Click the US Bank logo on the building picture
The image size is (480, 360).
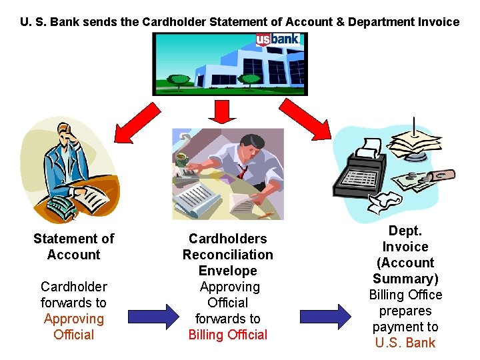click(x=278, y=39)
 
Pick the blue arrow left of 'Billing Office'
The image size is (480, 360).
click(x=325, y=315)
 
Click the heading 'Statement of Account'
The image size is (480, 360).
click(x=73, y=247)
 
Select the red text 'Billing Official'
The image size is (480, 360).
click(x=227, y=335)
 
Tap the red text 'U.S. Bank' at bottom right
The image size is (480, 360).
click(x=405, y=343)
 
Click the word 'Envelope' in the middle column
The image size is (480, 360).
click(x=227, y=271)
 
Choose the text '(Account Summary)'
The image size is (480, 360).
click(x=405, y=271)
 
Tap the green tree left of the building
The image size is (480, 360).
click(x=179, y=81)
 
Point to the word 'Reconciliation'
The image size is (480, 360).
click(x=227, y=255)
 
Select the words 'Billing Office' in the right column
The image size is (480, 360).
click(x=405, y=295)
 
